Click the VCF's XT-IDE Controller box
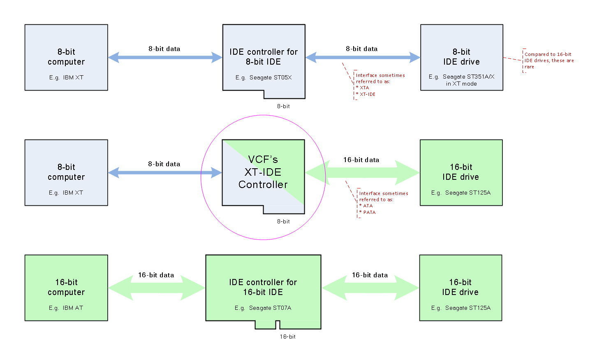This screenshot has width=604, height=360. click(263, 173)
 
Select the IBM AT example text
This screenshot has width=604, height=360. click(66, 308)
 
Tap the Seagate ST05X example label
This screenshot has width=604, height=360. click(264, 77)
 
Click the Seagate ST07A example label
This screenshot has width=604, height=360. click(263, 308)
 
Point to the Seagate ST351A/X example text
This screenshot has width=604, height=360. click(461, 80)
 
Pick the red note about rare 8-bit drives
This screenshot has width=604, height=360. click(548, 60)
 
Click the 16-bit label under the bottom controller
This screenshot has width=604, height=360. click(287, 337)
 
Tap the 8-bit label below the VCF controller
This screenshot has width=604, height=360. click(283, 221)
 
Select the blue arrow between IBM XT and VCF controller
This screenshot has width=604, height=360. click(165, 173)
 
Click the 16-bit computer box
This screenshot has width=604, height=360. click(66, 288)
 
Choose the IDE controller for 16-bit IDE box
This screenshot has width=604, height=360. click(263, 288)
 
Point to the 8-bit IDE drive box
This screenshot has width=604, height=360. click(461, 57)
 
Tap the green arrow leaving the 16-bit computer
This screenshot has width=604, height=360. click(157, 288)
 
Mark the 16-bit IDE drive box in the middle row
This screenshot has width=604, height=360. click(461, 172)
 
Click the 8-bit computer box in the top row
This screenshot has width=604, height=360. click(66, 57)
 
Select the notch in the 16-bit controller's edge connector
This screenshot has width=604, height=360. click(278, 325)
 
